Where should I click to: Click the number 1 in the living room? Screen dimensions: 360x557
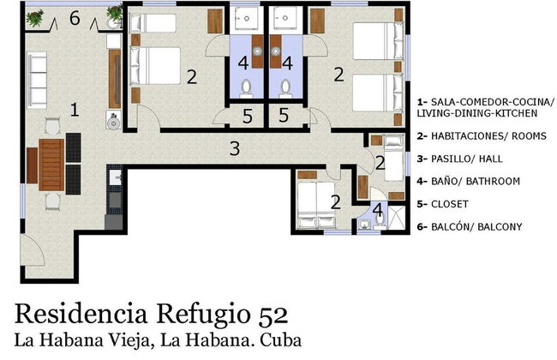(75, 110)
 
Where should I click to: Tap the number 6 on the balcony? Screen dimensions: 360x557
(75, 17)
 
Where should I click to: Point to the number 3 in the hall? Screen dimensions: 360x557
(234, 147)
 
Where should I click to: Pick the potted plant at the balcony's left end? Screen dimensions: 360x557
(33, 16)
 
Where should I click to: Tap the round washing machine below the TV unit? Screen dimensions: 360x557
(111, 120)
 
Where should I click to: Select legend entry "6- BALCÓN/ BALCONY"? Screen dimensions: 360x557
(476, 227)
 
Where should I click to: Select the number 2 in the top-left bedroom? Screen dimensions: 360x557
(192, 77)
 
